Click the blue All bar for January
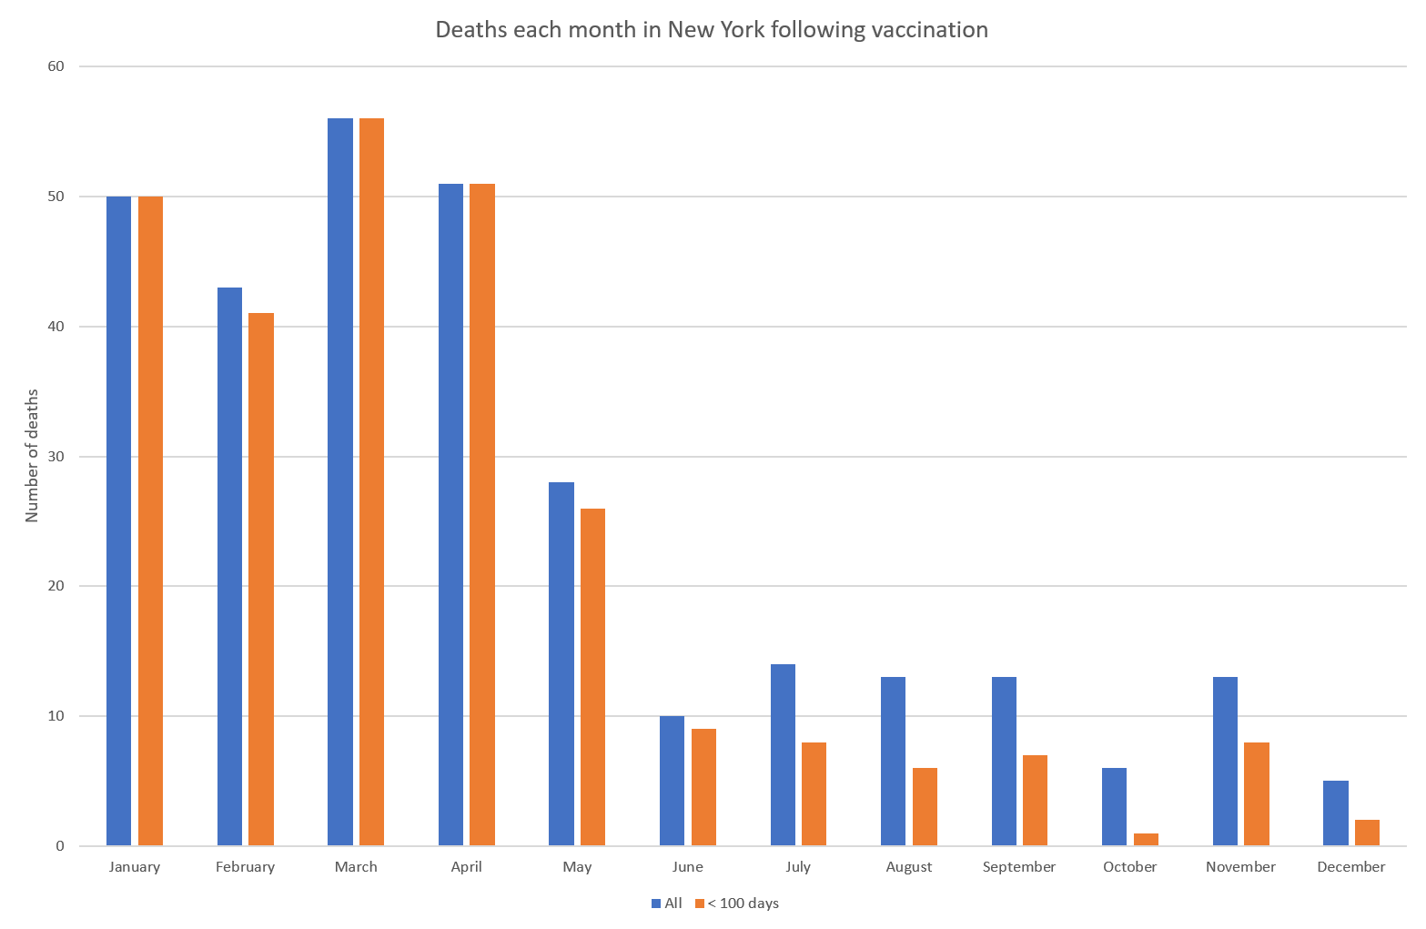click(x=119, y=521)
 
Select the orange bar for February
click(x=261, y=579)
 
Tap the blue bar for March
click(x=340, y=481)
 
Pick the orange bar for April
click(x=482, y=515)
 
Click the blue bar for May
click(x=561, y=663)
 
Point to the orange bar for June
click(x=703, y=787)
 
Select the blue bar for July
click(x=783, y=754)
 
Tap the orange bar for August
click(x=925, y=807)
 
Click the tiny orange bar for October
click(x=1146, y=839)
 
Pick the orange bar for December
click(x=1367, y=833)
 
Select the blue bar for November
click(x=1226, y=761)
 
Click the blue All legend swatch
click(x=656, y=904)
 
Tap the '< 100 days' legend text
click(x=743, y=904)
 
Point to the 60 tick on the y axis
click(x=56, y=66)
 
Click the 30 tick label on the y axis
click(x=56, y=456)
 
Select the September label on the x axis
click(x=1018, y=867)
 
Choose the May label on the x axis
click(x=577, y=867)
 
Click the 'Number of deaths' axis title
click(x=32, y=456)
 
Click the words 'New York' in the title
click(x=715, y=30)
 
